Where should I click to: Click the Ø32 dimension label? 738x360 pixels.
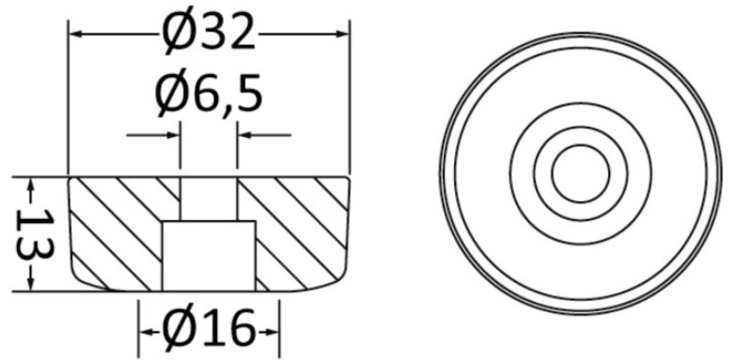pos(209,34)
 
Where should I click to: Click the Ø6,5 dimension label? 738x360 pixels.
pos(209,95)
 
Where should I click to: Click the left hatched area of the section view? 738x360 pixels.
pos(118,230)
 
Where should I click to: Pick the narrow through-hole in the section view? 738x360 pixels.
pos(209,197)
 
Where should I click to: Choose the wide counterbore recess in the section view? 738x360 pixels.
pos(209,254)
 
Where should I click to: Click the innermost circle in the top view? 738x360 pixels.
pos(580,173)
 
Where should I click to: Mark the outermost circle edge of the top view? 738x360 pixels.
pos(440,173)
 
